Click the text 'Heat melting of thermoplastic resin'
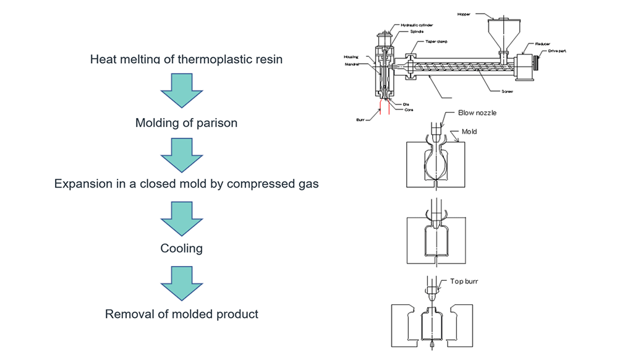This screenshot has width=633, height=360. (186, 59)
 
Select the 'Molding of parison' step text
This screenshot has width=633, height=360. (186, 122)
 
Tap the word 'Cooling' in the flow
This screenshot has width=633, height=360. (181, 248)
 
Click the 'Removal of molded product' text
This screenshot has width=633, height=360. (181, 314)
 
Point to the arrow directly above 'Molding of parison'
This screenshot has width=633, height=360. (181, 90)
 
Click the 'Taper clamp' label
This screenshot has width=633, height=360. (436, 41)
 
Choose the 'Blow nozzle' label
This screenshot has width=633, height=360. (477, 113)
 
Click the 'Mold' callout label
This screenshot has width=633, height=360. (469, 132)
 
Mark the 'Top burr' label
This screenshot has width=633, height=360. (464, 281)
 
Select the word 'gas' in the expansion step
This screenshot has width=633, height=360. (307, 184)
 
